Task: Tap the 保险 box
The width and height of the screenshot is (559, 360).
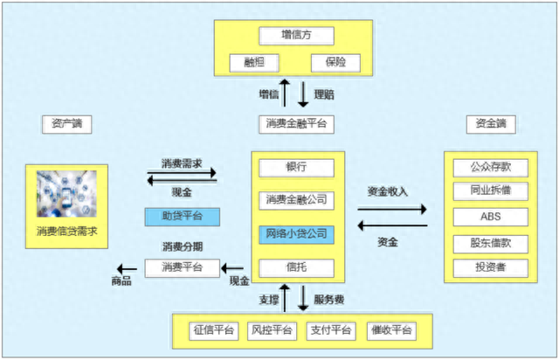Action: click(x=335, y=64)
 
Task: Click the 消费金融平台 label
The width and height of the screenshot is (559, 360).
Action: click(x=297, y=124)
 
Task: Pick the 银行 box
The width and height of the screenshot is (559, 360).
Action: click(x=297, y=167)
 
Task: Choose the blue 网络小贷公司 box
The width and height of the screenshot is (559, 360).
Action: click(x=297, y=234)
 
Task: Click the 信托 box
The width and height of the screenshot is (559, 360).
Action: click(x=297, y=267)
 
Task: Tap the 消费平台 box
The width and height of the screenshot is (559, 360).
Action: click(x=183, y=267)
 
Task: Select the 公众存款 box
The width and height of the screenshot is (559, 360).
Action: click(x=490, y=166)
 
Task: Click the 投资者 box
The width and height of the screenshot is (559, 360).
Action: click(x=490, y=267)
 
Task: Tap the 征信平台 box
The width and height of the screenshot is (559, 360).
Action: click(x=213, y=330)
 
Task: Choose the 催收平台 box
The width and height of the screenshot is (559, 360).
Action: click(x=390, y=330)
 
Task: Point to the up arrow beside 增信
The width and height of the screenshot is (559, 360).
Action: click(x=283, y=93)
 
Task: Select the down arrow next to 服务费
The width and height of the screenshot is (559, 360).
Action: click(x=302, y=297)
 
